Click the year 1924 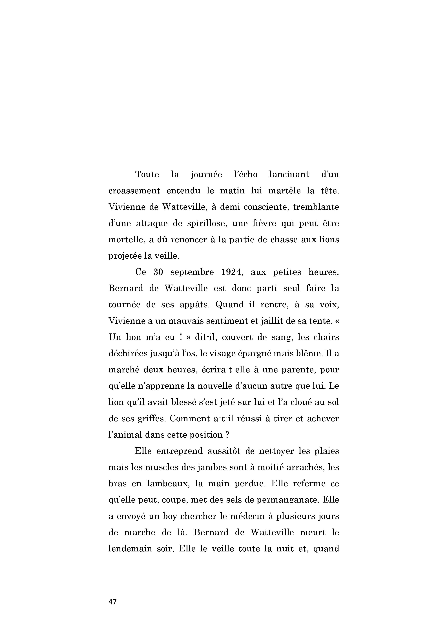pyautogui.click(x=232, y=272)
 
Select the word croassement pyautogui.click(x=134, y=191)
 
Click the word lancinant pyautogui.click(x=289, y=174)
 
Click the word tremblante pyautogui.click(x=316, y=207)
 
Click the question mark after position pyautogui.click(x=227, y=435)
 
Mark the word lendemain pyautogui.click(x=130, y=549)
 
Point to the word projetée pyautogui.click(x=125, y=256)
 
